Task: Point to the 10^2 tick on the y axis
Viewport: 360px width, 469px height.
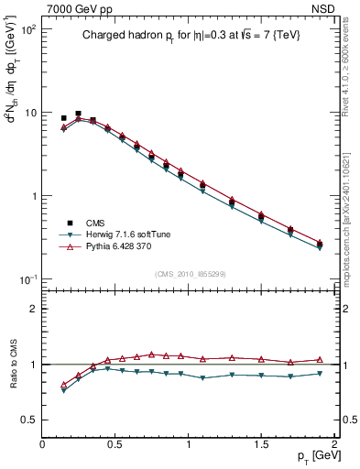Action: click(30, 29)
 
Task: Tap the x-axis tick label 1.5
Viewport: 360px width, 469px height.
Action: click(261, 443)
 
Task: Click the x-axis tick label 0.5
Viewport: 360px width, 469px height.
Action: click(115, 443)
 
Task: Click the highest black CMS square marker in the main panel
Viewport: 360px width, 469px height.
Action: click(78, 114)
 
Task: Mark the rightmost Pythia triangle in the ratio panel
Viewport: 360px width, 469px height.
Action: click(320, 360)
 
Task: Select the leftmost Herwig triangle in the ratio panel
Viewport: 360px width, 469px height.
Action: click(63, 390)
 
